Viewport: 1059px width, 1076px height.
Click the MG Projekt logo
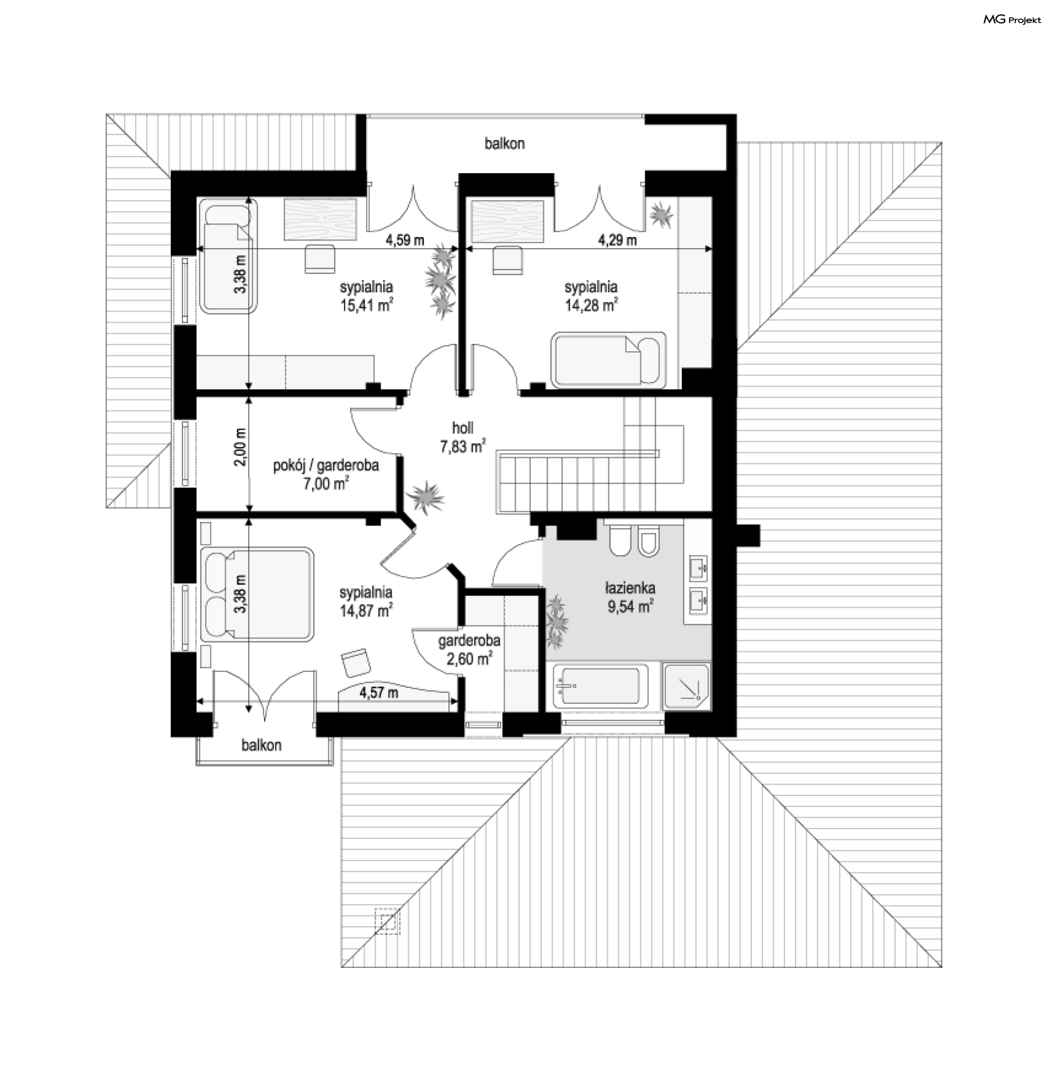1012,20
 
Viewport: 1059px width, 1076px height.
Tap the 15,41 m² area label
367,305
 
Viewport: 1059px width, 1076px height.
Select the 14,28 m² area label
591,305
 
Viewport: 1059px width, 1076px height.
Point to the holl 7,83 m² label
463,436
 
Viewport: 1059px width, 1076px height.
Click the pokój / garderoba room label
326,465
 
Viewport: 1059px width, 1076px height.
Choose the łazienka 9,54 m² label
630,597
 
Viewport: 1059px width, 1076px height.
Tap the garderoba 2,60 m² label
469,650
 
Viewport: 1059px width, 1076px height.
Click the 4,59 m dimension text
405,240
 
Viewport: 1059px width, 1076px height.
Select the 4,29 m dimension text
617,240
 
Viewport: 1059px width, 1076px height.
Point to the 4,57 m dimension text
379,693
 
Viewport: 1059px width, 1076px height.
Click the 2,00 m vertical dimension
240,447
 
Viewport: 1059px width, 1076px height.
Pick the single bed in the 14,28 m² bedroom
608,359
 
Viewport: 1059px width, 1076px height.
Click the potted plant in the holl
425,496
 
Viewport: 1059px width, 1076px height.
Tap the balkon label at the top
505,143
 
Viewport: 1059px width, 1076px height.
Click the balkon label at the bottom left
261,745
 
